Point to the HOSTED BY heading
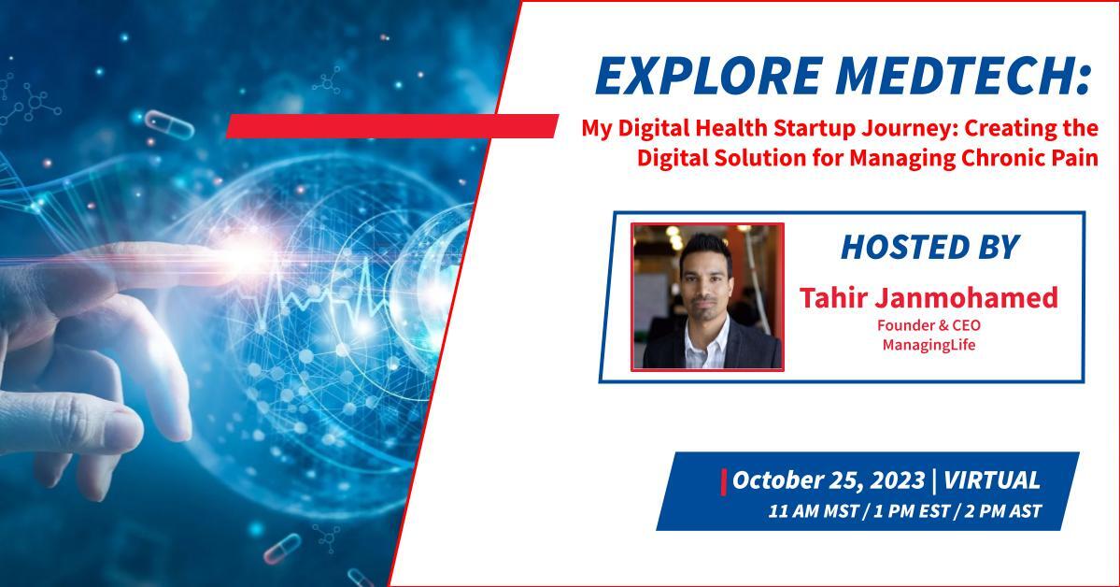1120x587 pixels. click(929, 247)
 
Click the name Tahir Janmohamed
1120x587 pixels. click(929, 297)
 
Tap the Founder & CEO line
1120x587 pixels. click(929, 325)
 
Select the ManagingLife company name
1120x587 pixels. click(929, 345)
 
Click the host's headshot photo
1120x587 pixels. click(707, 296)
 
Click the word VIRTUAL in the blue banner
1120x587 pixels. click(992, 480)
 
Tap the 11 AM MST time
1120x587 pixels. click(813, 511)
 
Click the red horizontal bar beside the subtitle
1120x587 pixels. click(392, 126)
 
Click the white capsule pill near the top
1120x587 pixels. click(169, 123)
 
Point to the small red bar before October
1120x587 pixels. click(724, 481)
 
